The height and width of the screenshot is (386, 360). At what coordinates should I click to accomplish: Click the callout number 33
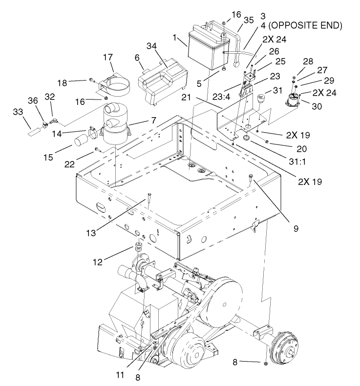point(18,112)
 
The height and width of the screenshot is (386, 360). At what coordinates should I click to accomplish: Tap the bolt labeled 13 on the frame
point(147,200)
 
